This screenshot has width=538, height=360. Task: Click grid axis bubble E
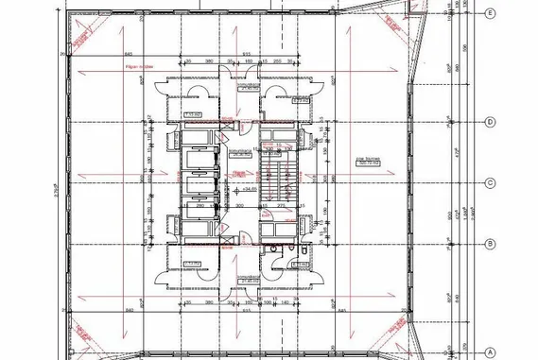[490, 14]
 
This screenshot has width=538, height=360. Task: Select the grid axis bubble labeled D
[490, 122]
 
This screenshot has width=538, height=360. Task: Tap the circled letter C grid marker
[490, 183]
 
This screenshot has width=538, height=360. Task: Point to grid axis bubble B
[490, 244]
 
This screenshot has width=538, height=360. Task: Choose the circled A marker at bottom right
[490, 351]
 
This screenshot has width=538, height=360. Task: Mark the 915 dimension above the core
[245, 55]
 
